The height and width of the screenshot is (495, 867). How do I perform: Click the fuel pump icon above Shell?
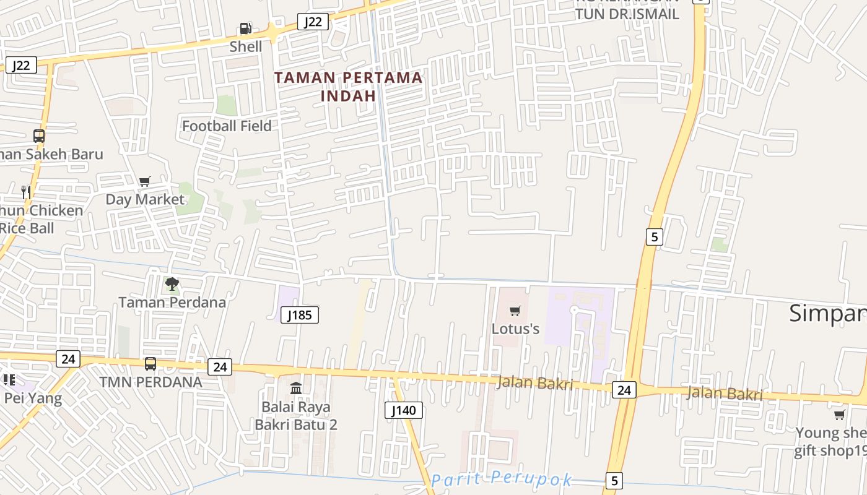coord(246,28)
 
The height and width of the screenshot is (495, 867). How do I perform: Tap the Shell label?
coord(246,46)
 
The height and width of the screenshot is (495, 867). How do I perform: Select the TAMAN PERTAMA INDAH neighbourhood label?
coord(348,87)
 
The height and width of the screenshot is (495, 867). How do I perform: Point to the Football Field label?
coord(227,126)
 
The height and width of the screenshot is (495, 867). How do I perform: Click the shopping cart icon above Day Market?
coord(145,181)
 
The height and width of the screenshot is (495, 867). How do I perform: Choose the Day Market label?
coord(145,199)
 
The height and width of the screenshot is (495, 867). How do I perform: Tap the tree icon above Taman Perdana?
coord(172,285)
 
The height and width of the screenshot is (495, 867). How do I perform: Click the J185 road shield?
coord(300,315)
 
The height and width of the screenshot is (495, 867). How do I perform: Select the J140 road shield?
coord(404,410)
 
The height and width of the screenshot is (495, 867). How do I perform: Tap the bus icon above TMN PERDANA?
coord(150,364)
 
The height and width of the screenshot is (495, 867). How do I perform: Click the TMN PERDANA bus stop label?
coord(150,382)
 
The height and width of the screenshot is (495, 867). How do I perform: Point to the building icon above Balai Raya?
coord(297,389)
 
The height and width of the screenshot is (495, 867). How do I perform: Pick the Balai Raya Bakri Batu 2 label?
coord(296,416)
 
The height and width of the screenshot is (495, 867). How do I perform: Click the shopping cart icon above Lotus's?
coord(515,311)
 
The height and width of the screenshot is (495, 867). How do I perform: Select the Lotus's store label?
coord(515,329)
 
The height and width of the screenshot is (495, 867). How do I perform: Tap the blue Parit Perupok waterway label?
coord(501,480)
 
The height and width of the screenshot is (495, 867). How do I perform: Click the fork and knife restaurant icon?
coord(26,192)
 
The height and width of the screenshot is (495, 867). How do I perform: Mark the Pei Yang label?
coord(33,398)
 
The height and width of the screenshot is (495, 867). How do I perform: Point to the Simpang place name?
coord(827,314)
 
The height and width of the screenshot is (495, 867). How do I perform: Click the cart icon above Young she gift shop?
coord(839,415)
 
